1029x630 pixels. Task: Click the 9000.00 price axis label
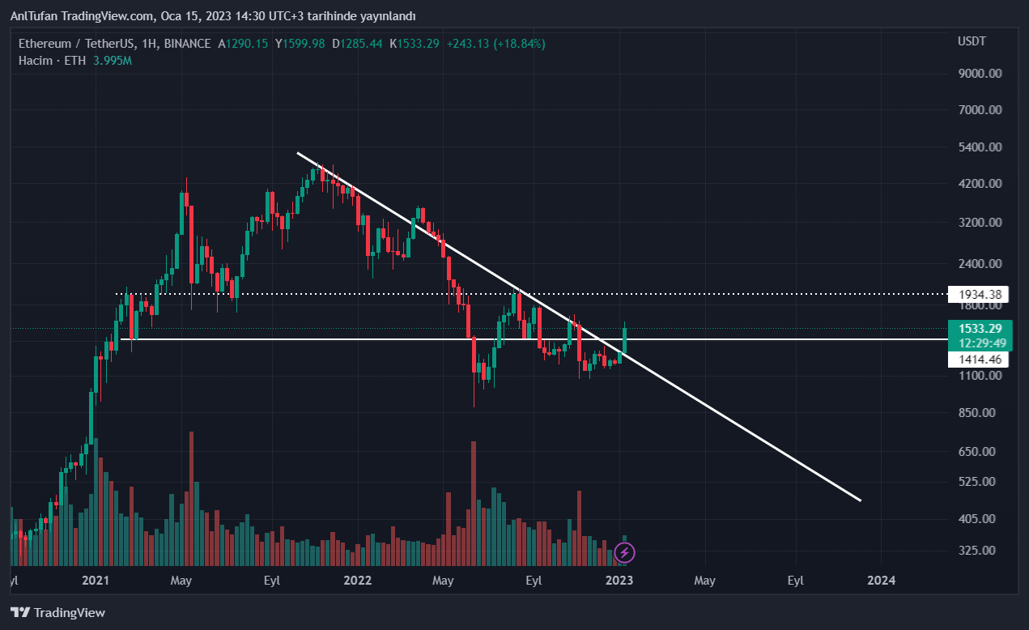pos(980,74)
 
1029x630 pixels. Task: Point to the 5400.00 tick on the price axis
pos(980,147)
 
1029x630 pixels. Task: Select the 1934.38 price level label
pos(979,295)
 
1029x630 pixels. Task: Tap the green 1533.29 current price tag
pos(980,329)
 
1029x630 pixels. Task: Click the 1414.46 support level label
pos(979,360)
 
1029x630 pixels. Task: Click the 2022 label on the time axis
pos(357,581)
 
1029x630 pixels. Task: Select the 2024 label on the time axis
pos(881,581)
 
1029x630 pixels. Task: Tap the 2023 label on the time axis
pos(619,581)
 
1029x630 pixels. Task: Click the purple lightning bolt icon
pos(624,553)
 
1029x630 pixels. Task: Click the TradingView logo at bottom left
pos(58,613)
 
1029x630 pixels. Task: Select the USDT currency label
pos(972,41)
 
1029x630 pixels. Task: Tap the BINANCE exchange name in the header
pos(187,44)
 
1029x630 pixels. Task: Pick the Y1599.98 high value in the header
pos(300,44)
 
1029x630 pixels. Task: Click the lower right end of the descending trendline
pos(859,500)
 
